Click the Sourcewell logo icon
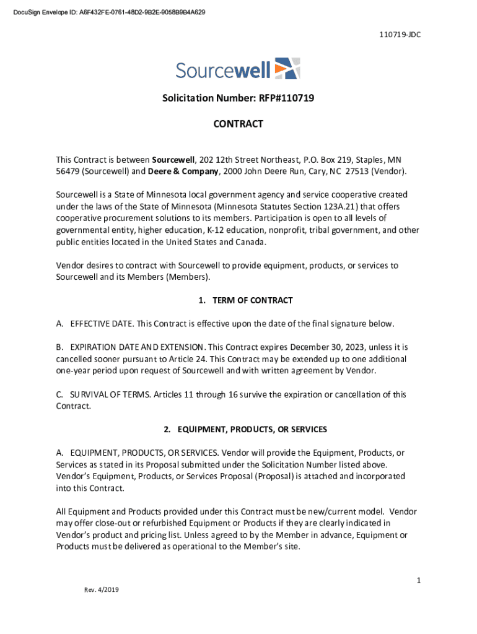point(286,69)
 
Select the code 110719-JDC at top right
point(400,35)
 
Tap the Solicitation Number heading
point(238,98)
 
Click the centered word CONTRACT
point(238,124)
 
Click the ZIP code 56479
point(68,171)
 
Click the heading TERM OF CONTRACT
point(252,300)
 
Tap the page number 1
point(419,580)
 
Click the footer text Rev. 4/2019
point(102,589)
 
